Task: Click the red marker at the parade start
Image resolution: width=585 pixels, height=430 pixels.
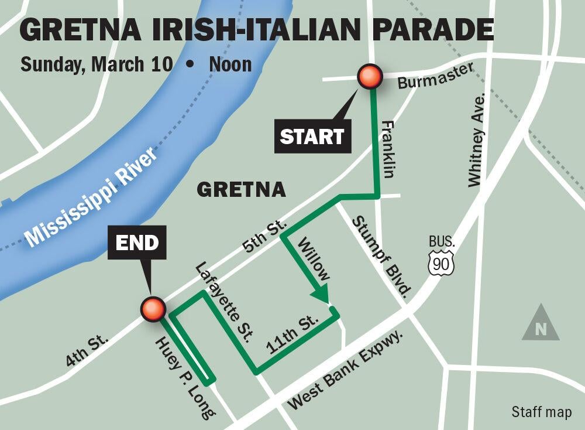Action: click(x=370, y=76)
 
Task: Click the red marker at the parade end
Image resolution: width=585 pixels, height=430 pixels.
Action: click(x=153, y=309)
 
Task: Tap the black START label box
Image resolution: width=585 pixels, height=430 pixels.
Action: click(x=311, y=136)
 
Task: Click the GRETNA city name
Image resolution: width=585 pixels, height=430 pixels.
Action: click(x=241, y=189)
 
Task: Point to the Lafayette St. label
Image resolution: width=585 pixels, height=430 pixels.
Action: click(x=225, y=301)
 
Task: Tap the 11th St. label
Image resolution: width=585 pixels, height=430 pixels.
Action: click(x=292, y=337)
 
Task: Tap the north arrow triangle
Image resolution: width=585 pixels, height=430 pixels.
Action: click(x=541, y=323)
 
